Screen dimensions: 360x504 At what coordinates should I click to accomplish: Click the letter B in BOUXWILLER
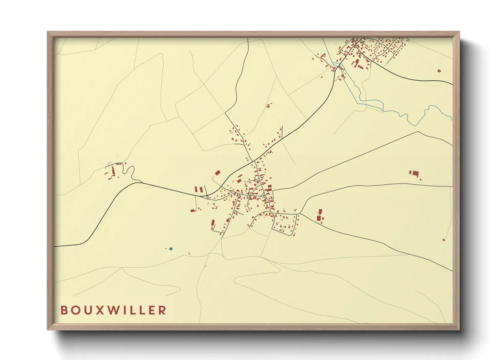[64, 310]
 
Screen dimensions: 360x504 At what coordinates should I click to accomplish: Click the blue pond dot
[171, 249]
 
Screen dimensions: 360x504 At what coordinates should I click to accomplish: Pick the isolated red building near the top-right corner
[439, 71]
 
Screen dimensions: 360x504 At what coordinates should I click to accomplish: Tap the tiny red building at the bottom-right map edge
[444, 240]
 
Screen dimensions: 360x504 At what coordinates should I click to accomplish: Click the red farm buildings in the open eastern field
[414, 174]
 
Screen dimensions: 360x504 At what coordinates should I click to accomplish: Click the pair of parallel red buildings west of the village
[199, 189]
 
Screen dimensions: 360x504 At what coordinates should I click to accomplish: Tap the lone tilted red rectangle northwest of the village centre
[218, 173]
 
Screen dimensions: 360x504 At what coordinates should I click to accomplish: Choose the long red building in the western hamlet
[113, 171]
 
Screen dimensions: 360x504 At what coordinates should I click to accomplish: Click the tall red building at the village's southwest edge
[213, 224]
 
